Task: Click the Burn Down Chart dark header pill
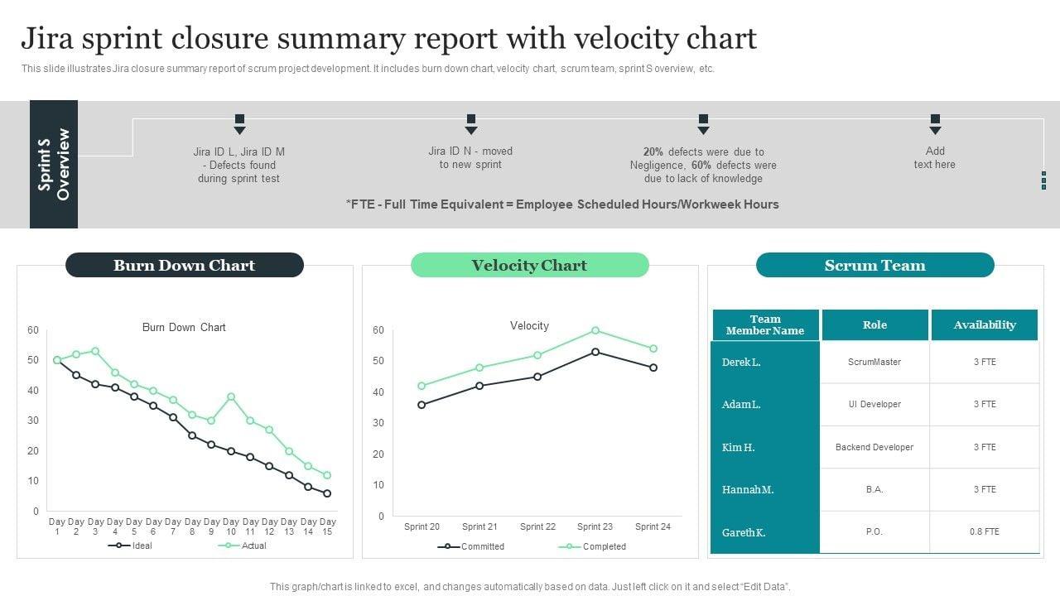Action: (184, 265)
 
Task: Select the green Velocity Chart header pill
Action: (529, 265)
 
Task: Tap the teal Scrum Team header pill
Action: (874, 265)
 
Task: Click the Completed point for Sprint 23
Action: (595, 330)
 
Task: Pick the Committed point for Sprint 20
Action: (422, 405)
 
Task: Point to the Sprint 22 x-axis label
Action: (537, 526)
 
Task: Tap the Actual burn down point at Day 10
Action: (231, 397)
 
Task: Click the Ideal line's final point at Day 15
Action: (327, 493)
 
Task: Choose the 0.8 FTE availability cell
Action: (985, 531)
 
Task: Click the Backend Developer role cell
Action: (874, 447)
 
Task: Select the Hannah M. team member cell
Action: (748, 489)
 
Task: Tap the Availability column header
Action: (985, 324)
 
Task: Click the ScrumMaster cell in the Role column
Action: (874, 362)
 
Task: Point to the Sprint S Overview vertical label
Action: (54, 164)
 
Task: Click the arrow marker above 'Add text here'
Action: (935, 124)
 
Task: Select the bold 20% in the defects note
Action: (653, 151)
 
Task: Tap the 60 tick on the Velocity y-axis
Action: (378, 329)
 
